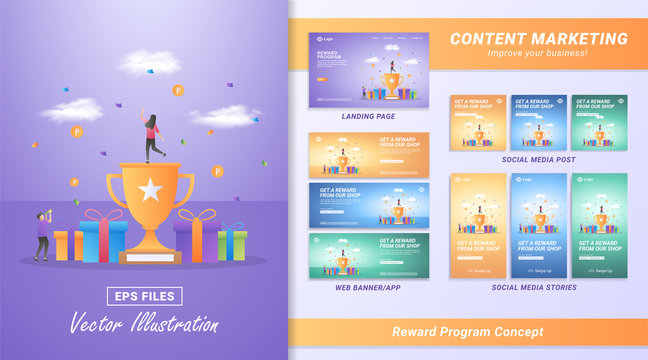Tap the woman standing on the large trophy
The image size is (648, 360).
click(x=152, y=137)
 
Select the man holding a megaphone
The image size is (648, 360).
click(x=40, y=235)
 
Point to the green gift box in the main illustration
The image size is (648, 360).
click(x=231, y=242)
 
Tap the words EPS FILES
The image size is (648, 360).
click(x=145, y=295)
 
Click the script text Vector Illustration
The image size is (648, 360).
click(x=144, y=323)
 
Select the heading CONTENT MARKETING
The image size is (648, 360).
click(x=538, y=39)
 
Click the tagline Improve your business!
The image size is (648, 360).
click(x=538, y=53)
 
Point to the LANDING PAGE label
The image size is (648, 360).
click(x=368, y=116)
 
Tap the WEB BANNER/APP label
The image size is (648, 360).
click(x=368, y=287)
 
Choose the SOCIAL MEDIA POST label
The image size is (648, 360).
click(x=538, y=159)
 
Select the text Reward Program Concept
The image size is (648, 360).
click(x=468, y=331)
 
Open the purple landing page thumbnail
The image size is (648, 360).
click(x=368, y=68)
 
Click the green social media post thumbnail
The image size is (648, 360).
click(x=599, y=122)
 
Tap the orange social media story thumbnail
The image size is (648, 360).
click(x=478, y=225)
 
